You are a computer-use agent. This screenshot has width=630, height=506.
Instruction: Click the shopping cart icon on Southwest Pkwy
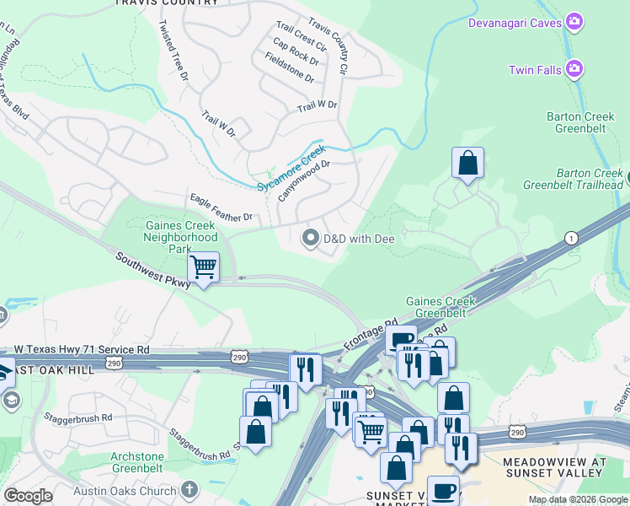click(203, 267)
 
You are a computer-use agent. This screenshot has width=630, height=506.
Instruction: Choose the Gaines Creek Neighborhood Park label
click(182, 237)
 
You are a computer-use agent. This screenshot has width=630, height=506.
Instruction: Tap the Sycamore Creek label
click(291, 170)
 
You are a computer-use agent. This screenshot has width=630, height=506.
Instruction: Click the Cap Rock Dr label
click(296, 51)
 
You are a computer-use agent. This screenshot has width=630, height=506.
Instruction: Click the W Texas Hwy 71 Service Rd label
click(82, 348)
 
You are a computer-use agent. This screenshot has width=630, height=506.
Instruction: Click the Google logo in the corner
click(28, 496)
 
